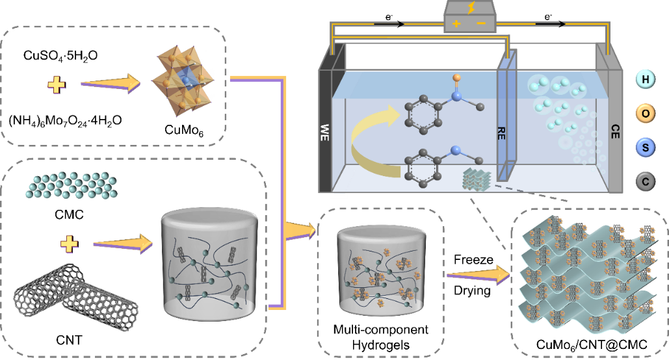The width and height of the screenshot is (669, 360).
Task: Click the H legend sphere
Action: (x=646, y=80)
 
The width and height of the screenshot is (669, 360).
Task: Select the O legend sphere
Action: (x=646, y=114)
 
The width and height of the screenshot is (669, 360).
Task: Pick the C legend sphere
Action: (x=646, y=183)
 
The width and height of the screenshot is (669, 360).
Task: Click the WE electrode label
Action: (x=326, y=133)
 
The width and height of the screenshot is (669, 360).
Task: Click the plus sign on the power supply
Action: (x=456, y=24)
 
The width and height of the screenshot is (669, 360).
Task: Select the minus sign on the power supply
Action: (x=482, y=24)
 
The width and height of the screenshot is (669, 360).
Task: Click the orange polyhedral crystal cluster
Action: (x=184, y=81)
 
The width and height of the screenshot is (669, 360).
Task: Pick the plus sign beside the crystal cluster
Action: (x=57, y=84)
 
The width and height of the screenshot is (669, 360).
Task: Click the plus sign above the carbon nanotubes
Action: (x=68, y=244)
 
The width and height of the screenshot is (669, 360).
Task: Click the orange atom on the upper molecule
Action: (x=457, y=78)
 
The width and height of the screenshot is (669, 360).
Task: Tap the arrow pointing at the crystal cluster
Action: (x=111, y=83)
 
